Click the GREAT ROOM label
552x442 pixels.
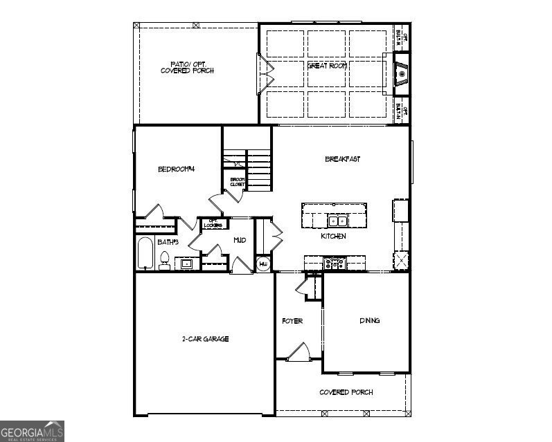326,65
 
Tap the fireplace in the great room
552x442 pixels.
401,73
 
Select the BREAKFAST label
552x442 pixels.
343,159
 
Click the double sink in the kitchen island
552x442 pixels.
337,221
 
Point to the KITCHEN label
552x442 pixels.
333,237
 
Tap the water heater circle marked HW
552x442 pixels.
263,264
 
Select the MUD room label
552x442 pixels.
240,240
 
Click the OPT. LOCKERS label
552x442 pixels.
214,223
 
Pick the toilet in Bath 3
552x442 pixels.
165,259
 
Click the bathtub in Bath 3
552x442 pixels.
145,254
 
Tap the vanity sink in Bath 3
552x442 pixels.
186,263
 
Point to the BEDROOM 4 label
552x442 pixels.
177,169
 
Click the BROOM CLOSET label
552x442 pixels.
238,182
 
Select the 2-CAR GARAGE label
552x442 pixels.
205,339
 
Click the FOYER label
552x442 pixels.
292,321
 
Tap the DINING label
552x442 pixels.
369,320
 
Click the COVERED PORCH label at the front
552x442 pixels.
346,392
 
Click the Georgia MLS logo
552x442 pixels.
32,431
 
